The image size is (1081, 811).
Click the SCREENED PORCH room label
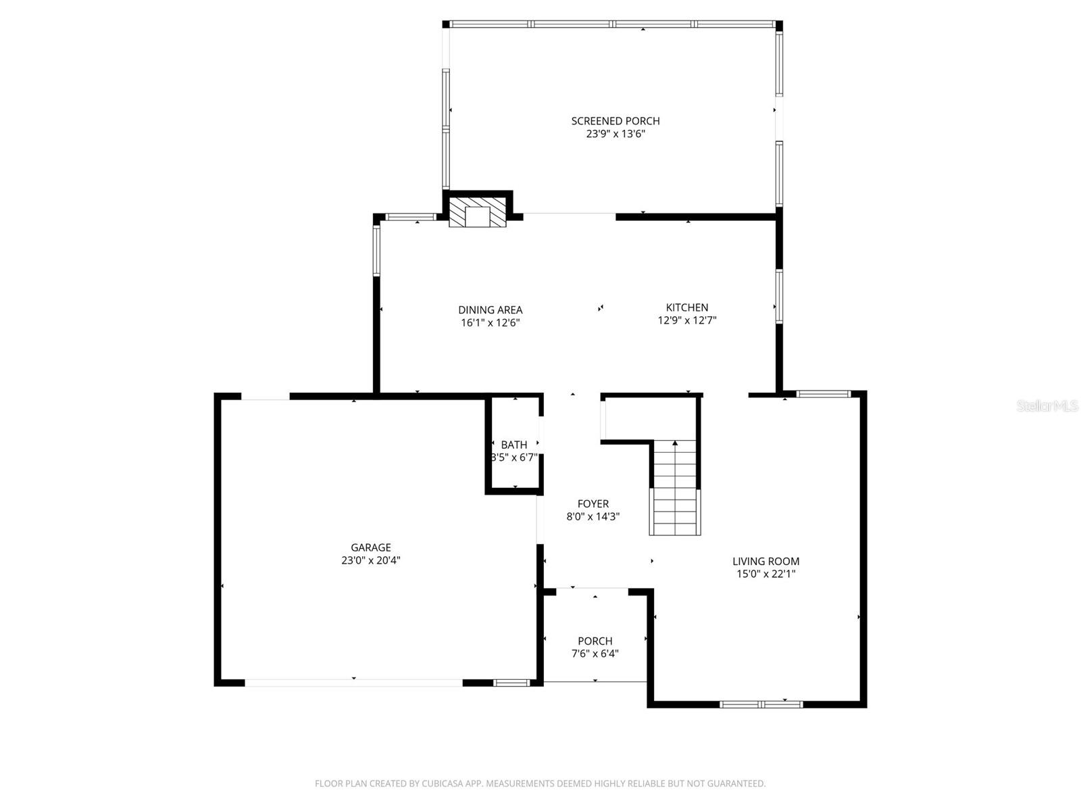tap(615, 121)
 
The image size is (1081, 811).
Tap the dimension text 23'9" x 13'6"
tap(615, 134)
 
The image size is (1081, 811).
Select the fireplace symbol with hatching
tap(478, 212)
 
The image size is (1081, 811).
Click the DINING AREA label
tap(490, 310)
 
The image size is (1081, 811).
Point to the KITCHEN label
tap(687, 308)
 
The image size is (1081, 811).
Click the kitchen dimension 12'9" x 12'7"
tap(687, 320)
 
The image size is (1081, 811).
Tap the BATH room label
tap(514, 445)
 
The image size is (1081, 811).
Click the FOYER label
tap(593, 503)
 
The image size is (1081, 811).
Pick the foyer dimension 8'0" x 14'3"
tap(593, 516)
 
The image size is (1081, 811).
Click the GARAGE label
tap(370, 547)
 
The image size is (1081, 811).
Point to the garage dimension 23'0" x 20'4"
tap(370, 560)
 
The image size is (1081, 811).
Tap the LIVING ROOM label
tap(765, 561)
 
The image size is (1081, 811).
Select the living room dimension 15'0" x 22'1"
tap(765, 574)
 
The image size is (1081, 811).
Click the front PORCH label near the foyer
tap(595, 641)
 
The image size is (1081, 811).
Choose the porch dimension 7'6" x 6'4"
tap(595, 654)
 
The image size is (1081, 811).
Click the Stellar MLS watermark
tap(1047, 406)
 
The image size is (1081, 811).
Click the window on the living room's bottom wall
tap(761, 704)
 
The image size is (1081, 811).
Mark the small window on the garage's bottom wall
tap(511, 683)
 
